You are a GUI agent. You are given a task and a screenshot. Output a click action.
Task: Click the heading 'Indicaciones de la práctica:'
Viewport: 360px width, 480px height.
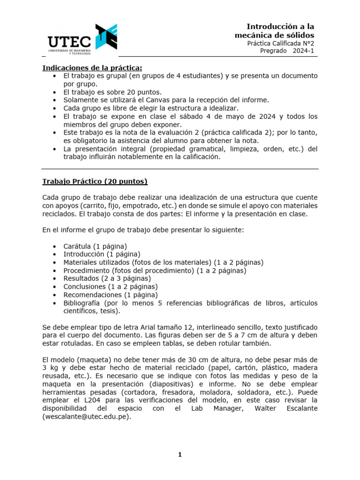[92, 68]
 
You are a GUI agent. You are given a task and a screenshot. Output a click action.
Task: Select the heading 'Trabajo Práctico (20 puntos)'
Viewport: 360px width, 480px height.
[95, 181]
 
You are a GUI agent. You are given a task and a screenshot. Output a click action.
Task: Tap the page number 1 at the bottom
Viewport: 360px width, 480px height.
[180, 454]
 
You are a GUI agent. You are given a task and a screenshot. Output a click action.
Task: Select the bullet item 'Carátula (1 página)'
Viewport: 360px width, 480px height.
[95, 246]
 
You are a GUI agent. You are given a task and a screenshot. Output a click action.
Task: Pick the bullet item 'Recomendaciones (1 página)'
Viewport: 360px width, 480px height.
[111, 294]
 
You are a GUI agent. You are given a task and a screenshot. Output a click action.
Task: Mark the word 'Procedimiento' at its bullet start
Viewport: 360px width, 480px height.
[86, 270]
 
